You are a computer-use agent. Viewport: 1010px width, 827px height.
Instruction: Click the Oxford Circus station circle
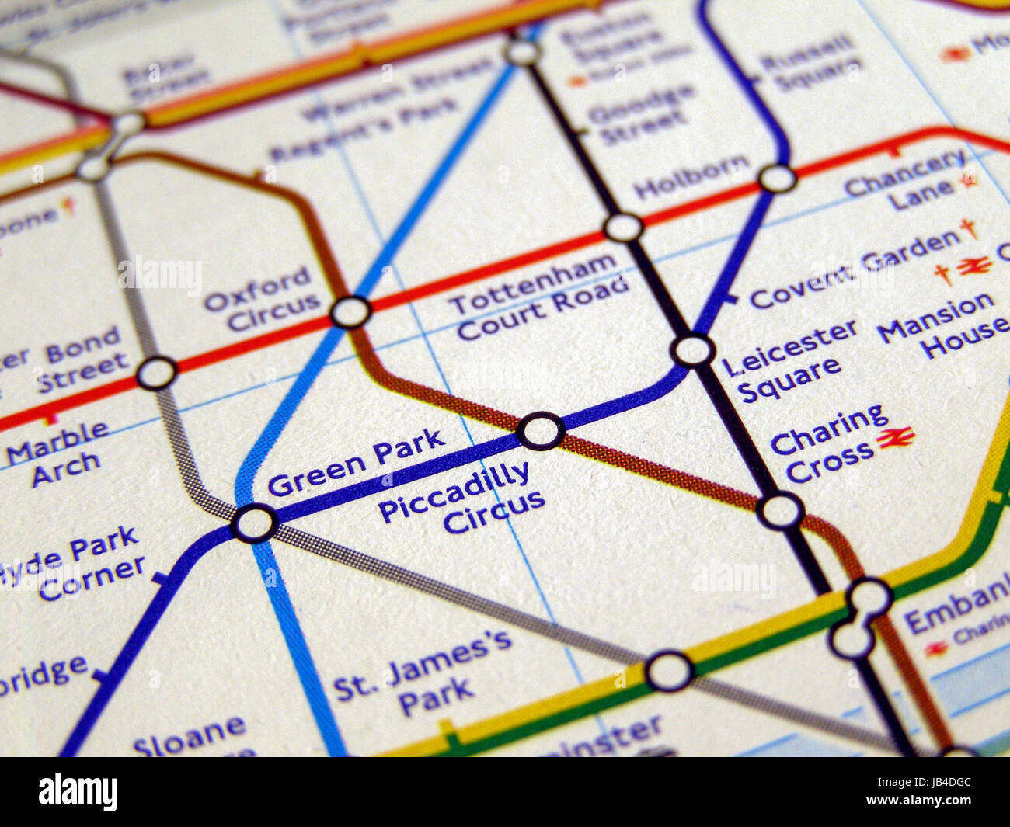tap(350, 312)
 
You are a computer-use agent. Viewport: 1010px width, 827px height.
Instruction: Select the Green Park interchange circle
tap(254, 523)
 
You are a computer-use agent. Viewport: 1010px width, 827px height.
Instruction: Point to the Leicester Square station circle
tap(693, 350)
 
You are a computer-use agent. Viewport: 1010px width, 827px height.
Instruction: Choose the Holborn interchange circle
tap(777, 179)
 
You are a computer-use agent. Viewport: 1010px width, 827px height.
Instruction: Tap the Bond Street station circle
tap(157, 374)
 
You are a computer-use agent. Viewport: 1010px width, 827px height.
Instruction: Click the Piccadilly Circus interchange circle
tap(541, 431)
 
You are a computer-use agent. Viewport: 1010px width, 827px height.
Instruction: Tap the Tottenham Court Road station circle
tap(623, 228)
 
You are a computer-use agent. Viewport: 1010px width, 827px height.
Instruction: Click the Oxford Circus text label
tap(261, 300)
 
